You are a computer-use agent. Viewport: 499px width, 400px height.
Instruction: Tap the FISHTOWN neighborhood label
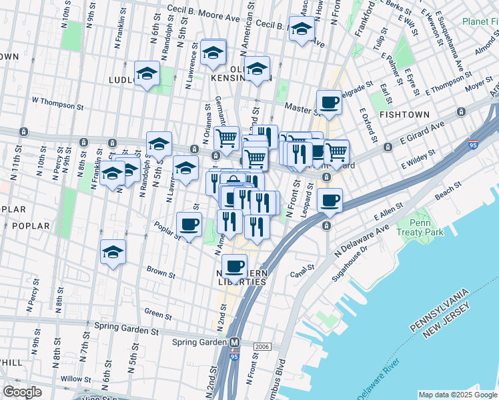pos(404,115)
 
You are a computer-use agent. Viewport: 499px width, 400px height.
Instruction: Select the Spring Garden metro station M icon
pos(235,343)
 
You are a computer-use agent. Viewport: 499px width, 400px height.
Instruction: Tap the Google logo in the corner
pos(22,392)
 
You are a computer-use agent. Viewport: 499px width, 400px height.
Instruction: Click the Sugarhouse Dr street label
pos(363,256)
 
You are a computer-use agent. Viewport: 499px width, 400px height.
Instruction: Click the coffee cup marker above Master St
pos(329,102)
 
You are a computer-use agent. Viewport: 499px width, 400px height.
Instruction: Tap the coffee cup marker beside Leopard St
pos(330,200)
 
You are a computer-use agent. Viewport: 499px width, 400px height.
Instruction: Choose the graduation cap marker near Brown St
pos(113,252)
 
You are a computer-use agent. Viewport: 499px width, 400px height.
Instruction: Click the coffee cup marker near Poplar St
pos(189,224)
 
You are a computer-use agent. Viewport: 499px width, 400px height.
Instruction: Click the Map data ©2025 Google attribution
pos(458,395)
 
